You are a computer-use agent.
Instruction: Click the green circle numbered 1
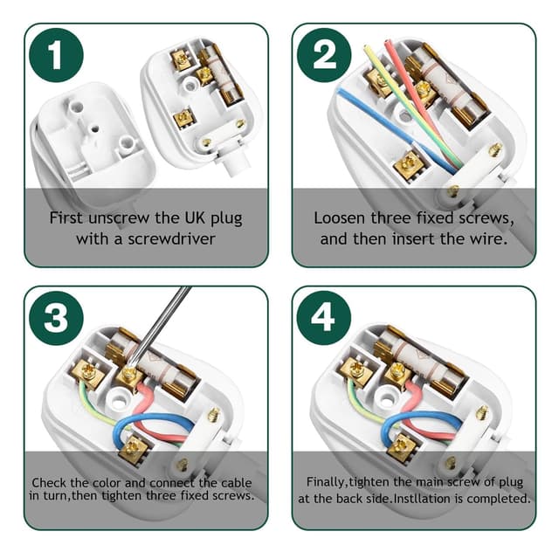[56, 57]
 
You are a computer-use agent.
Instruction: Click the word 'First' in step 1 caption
[68, 217]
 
